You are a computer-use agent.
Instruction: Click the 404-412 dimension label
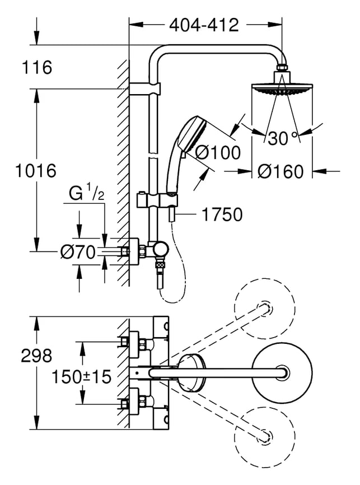pyautogui.click(x=204, y=25)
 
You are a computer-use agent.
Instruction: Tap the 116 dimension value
pyautogui.click(x=37, y=67)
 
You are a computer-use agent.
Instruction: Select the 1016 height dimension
pyautogui.click(x=36, y=171)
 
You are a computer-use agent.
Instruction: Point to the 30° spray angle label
pyautogui.click(x=283, y=138)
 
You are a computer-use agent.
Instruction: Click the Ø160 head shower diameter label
pyautogui.click(x=280, y=171)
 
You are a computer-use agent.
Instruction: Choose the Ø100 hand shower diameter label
pyautogui.click(x=218, y=152)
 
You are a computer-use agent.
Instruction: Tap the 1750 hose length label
pyautogui.click(x=222, y=214)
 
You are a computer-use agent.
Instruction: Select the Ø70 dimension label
pyautogui.click(x=78, y=252)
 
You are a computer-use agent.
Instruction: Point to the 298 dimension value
pyautogui.click(x=36, y=356)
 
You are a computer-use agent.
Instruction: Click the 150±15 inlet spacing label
pyautogui.click(x=81, y=377)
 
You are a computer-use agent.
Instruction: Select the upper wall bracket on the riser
pyautogui.click(x=145, y=89)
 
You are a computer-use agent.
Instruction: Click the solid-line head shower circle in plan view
pyautogui.click(x=282, y=373)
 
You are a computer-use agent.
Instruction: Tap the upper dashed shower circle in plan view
pyautogui.click(x=265, y=310)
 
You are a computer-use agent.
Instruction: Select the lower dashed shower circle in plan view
pyautogui.click(x=265, y=436)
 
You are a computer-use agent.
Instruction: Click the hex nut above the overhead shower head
pyautogui.click(x=282, y=67)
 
